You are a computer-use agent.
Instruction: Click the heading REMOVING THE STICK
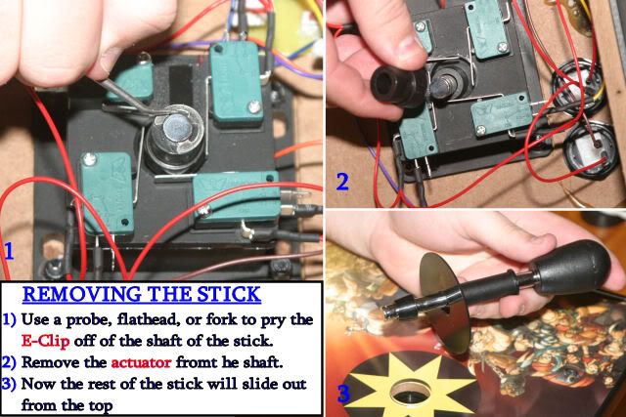tap(142, 294)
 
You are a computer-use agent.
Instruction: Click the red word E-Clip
tap(45, 341)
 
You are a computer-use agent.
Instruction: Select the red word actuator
tap(141, 362)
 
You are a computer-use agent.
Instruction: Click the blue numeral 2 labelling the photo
tap(342, 182)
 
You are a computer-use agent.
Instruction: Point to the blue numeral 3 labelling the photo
tap(343, 393)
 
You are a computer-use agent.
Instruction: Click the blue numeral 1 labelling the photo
tap(9, 251)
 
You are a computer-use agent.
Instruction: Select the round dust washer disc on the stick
tap(446, 302)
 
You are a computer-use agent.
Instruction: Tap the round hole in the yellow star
tap(410, 392)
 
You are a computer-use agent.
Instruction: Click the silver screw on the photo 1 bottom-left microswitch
tap(89, 159)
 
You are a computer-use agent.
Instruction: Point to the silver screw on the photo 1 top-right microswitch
tap(253, 106)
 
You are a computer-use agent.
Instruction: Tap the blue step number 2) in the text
tap(9, 362)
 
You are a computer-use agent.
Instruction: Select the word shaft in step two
tap(261, 362)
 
